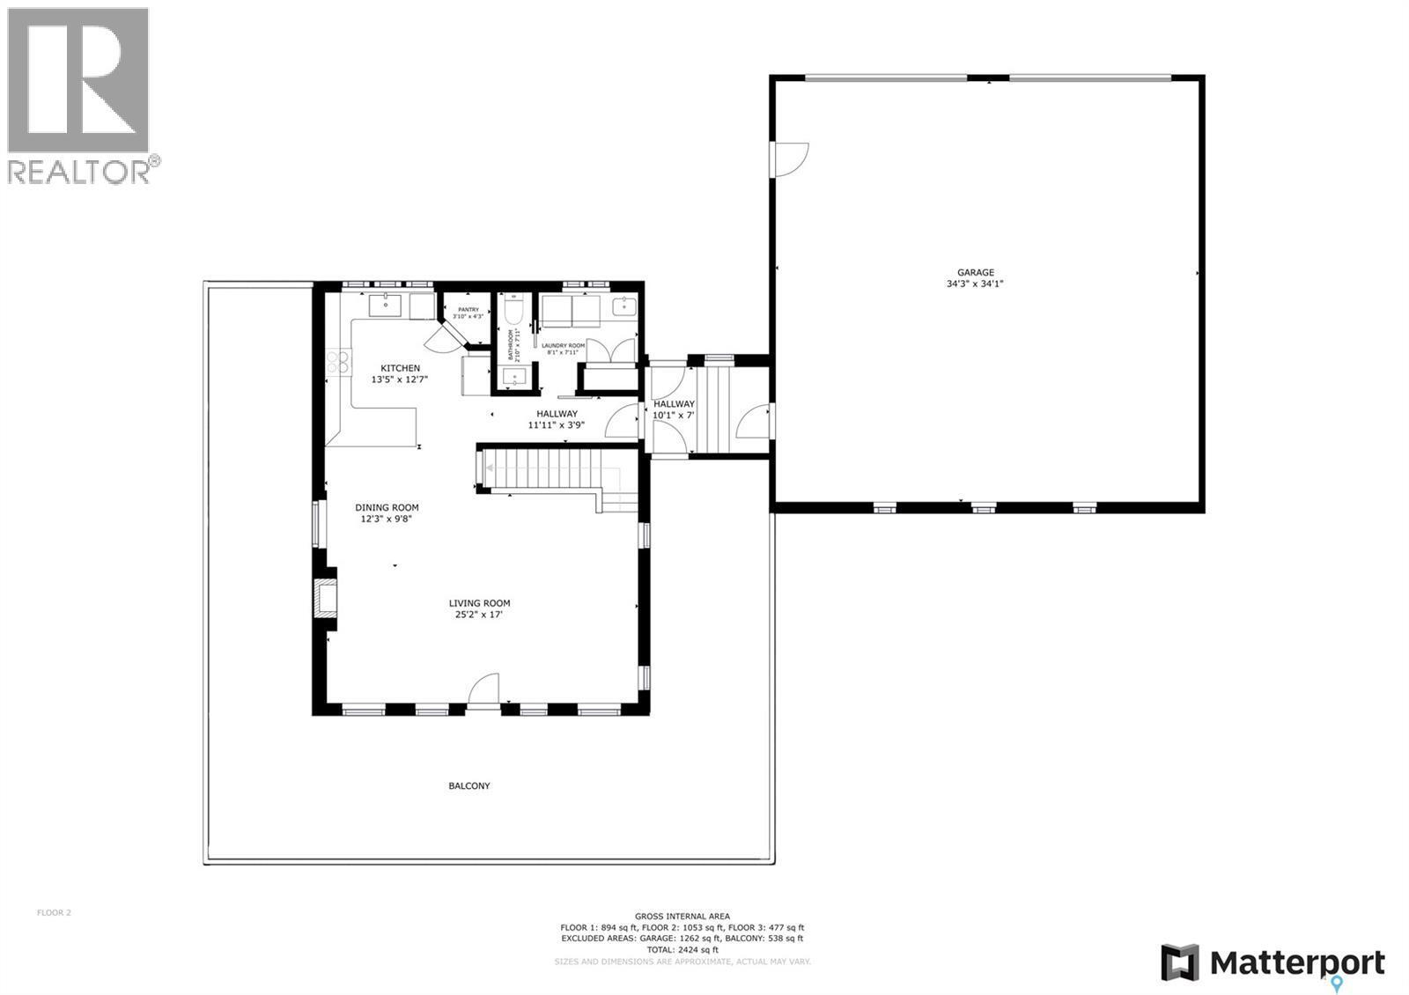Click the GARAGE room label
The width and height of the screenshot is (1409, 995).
point(975,273)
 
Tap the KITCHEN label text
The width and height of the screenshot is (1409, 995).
point(400,368)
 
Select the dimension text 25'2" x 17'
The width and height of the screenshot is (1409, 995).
point(479,615)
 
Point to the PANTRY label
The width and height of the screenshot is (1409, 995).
point(468,309)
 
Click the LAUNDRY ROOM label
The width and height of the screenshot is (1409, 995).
point(563,346)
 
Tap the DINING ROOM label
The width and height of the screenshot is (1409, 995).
point(387,507)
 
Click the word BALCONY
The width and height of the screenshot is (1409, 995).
point(468,785)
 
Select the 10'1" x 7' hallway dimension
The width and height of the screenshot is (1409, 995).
point(674,415)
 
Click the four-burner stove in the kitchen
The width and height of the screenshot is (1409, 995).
point(337,362)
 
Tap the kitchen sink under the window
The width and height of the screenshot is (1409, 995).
point(385,306)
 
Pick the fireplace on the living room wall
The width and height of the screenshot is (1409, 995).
point(324,598)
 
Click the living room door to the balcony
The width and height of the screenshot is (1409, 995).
point(483,690)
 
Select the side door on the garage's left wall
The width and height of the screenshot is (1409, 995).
point(790,159)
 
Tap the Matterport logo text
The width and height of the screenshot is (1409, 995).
point(1297,962)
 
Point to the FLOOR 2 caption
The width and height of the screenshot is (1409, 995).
point(54,912)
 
